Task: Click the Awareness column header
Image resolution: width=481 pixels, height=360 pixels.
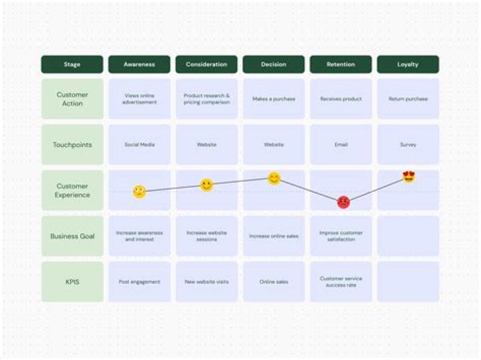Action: [x=139, y=65]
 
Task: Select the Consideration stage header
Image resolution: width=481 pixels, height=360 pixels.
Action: [x=206, y=65]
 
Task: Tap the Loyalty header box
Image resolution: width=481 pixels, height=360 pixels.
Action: [x=408, y=65]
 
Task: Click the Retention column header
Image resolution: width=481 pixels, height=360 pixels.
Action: [x=341, y=65]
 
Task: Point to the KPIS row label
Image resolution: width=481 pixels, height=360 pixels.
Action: [x=72, y=282]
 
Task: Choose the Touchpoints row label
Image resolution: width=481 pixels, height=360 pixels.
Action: [x=72, y=144]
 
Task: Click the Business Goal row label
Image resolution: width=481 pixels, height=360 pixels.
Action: [x=72, y=236]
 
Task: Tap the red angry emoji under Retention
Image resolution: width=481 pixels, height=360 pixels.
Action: [x=343, y=202]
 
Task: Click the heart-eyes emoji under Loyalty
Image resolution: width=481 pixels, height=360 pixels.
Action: [x=409, y=177]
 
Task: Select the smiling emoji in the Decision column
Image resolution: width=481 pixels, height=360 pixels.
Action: [x=274, y=178]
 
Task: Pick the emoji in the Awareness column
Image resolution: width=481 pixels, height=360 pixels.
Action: [x=139, y=192]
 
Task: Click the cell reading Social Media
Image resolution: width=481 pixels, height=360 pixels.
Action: [x=139, y=144]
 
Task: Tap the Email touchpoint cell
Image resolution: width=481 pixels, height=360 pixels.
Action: [x=341, y=144]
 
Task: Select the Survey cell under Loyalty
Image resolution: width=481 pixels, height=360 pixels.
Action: [x=408, y=144]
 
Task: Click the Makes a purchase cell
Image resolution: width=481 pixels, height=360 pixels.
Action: [x=274, y=99]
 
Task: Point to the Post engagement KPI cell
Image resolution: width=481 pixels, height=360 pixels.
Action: [x=139, y=282]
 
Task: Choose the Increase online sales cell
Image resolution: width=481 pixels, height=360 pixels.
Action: [x=274, y=236]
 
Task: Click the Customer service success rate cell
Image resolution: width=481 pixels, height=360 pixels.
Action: [x=341, y=282]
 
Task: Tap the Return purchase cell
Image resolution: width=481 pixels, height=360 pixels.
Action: [x=408, y=99]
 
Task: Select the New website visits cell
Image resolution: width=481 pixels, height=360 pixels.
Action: [x=206, y=282]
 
